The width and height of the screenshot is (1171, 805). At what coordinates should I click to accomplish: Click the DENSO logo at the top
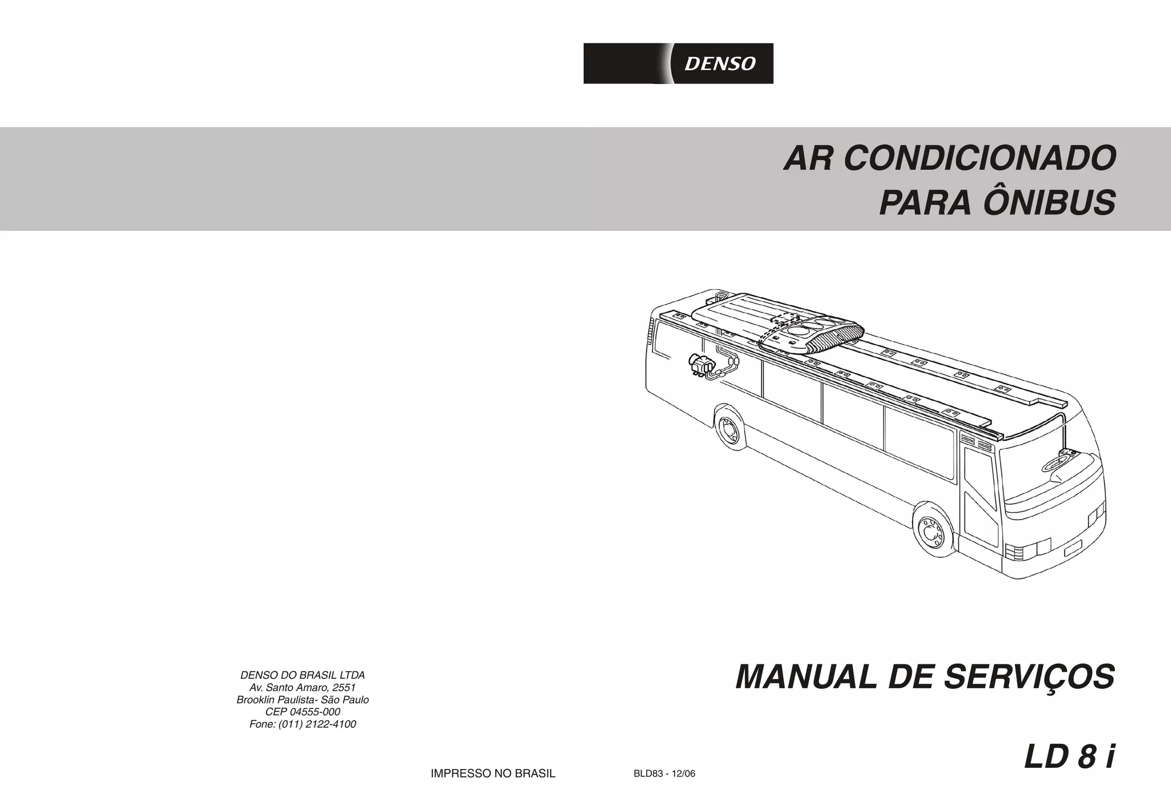[678, 63]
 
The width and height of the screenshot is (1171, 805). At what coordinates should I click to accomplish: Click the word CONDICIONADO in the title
[979, 158]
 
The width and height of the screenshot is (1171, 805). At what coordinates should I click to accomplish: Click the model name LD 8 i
[1069, 758]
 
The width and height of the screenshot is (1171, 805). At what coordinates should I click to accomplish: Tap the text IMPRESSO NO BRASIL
[493, 774]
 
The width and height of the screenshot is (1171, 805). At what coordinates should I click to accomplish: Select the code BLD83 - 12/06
[664, 774]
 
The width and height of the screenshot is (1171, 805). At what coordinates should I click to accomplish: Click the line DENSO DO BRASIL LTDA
[302, 675]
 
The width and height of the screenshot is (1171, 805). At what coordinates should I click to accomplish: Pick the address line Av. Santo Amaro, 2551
[302, 687]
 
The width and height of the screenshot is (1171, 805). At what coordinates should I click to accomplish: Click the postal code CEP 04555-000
[302, 712]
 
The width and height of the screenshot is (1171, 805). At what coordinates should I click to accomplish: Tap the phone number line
[302, 724]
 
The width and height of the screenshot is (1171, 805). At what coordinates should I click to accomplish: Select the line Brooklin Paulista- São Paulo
[302, 700]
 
